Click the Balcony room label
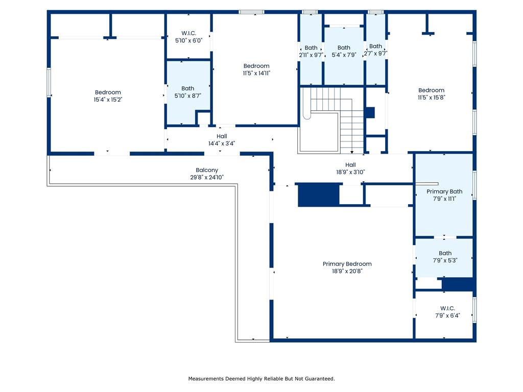tap(207, 170)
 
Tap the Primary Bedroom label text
tap(347, 264)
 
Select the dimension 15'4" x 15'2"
tap(108, 100)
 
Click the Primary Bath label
tap(444, 191)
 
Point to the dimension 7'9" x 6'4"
tap(447, 315)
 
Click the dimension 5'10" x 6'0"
tap(188, 40)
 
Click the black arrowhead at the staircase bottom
tap(352, 152)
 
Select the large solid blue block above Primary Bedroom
tap(319, 194)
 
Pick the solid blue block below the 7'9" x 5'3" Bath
tap(459, 284)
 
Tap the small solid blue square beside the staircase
tap(370, 112)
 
